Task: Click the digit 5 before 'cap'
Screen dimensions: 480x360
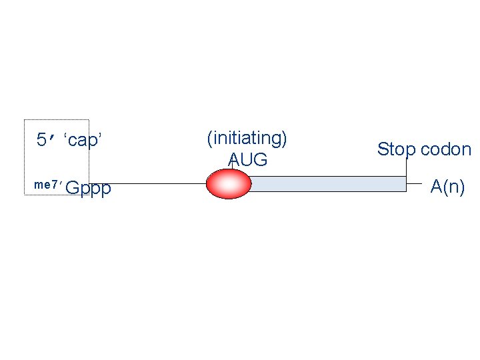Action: click(41, 140)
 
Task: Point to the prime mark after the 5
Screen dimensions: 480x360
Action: click(53, 138)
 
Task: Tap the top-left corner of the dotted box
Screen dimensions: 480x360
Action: click(25, 120)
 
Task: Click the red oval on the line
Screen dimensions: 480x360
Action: click(228, 183)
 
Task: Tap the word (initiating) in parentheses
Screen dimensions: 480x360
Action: click(247, 138)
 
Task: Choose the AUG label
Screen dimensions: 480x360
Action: click(247, 160)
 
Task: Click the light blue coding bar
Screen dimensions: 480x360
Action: click(327, 183)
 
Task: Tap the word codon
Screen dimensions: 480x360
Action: click(445, 149)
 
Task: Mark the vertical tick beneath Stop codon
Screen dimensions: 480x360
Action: click(406, 167)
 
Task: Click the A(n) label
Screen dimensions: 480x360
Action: click(447, 187)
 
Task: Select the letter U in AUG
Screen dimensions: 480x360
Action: click(247, 160)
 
